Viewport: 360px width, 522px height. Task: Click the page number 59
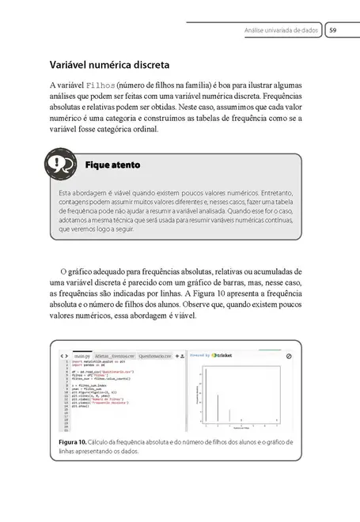click(333, 30)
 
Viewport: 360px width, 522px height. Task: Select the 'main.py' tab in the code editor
click(82, 357)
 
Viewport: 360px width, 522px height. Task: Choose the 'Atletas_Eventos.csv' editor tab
click(117, 357)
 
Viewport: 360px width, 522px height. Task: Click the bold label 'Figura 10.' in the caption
click(72, 441)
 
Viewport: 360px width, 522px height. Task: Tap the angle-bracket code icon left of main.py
click(64, 357)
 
